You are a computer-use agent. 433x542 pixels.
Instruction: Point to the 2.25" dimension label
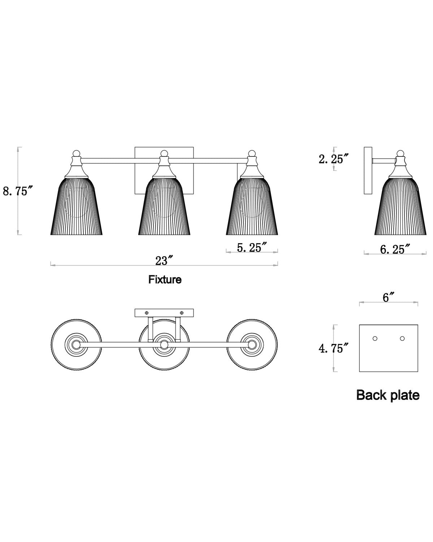click(x=333, y=159)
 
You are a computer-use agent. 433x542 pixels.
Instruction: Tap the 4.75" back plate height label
click(x=333, y=349)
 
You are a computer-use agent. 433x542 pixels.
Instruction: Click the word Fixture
click(x=165, y=280)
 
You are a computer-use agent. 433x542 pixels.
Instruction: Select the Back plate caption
click(x=388, y=395)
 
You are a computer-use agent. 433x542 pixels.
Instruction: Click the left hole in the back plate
click(x=375, y=339)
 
